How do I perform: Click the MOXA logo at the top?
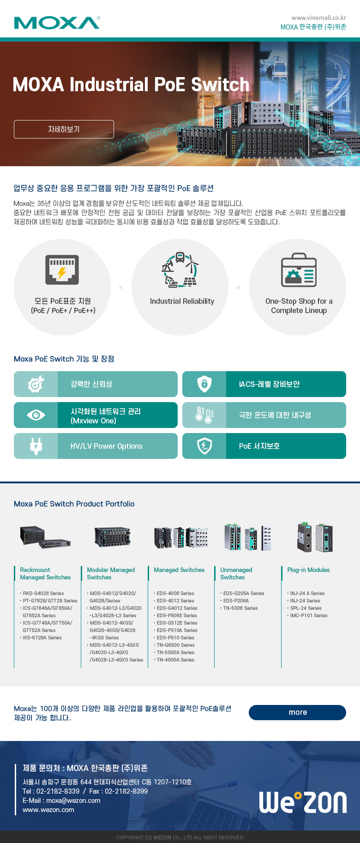coord(57,23)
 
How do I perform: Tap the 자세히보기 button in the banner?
coord(64,129)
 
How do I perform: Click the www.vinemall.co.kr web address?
coord(318,18)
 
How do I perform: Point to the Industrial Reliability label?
coord(182,301)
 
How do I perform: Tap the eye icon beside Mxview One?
coord(36,415)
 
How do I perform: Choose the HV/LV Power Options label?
coord(106,446)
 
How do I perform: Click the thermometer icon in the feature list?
coord(204,415)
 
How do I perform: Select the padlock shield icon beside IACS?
coord(204,384)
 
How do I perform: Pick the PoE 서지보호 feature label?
coord(259,446)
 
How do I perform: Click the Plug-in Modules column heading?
coord(308,570)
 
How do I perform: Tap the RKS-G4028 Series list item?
coord(43,593)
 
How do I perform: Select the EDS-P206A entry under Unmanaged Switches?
coord(236,601)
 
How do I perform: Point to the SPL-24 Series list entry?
coord(306,608)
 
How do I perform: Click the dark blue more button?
coord(297,712)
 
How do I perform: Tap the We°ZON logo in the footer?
coord(302,802)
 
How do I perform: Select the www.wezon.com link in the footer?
coord(48,810)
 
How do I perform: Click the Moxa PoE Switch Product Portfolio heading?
coord(74,504)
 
